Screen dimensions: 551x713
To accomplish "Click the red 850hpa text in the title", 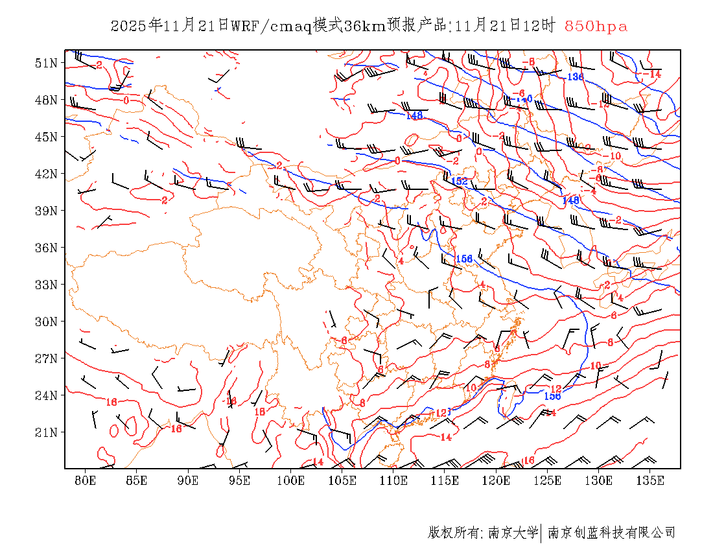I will [596, 26].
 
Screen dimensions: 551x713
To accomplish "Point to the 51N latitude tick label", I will [46, 63].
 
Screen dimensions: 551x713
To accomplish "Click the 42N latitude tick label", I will [46, 174].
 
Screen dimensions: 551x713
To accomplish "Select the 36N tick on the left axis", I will [46, 248].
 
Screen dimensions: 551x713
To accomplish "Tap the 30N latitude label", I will [46, 322].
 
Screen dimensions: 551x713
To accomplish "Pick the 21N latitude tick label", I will [46, 432].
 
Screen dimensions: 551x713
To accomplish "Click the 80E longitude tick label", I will [86, 480].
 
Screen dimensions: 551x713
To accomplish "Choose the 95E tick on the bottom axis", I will [240, 480].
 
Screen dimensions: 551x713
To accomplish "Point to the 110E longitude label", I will [393, 480].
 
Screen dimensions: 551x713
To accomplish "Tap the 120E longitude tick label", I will [497, 480].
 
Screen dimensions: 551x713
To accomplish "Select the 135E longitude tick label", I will [650, 480].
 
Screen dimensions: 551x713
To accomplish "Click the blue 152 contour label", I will [459, 182].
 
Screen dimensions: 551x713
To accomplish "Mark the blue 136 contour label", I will [575, 76].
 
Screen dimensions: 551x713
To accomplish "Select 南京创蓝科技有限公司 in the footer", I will [611, 533].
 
